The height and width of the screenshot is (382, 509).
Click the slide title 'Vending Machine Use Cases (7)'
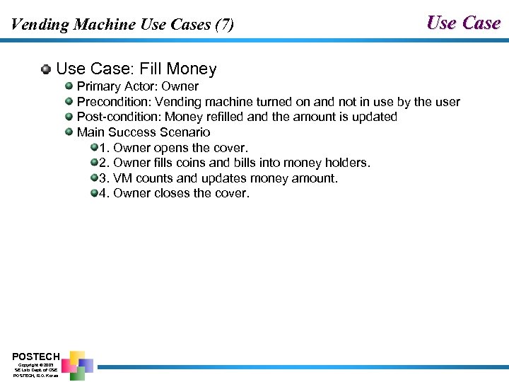pos(122,25)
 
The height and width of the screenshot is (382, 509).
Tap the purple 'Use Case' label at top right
pos(463,23)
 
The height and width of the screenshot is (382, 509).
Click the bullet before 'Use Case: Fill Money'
pos(46,69)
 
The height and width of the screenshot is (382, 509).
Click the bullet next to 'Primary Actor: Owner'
pos(69,86)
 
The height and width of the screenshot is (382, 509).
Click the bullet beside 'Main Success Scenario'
pos(69,132)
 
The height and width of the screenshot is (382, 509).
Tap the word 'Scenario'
pos(187,132)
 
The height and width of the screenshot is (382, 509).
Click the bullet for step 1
pos(94,147)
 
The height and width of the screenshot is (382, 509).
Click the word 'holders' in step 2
pos(345,163)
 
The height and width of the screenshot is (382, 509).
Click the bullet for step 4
pos(94,193)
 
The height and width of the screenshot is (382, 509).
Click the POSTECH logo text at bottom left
pos(35,356)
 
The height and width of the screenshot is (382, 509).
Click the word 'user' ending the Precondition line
pos(446,102)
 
